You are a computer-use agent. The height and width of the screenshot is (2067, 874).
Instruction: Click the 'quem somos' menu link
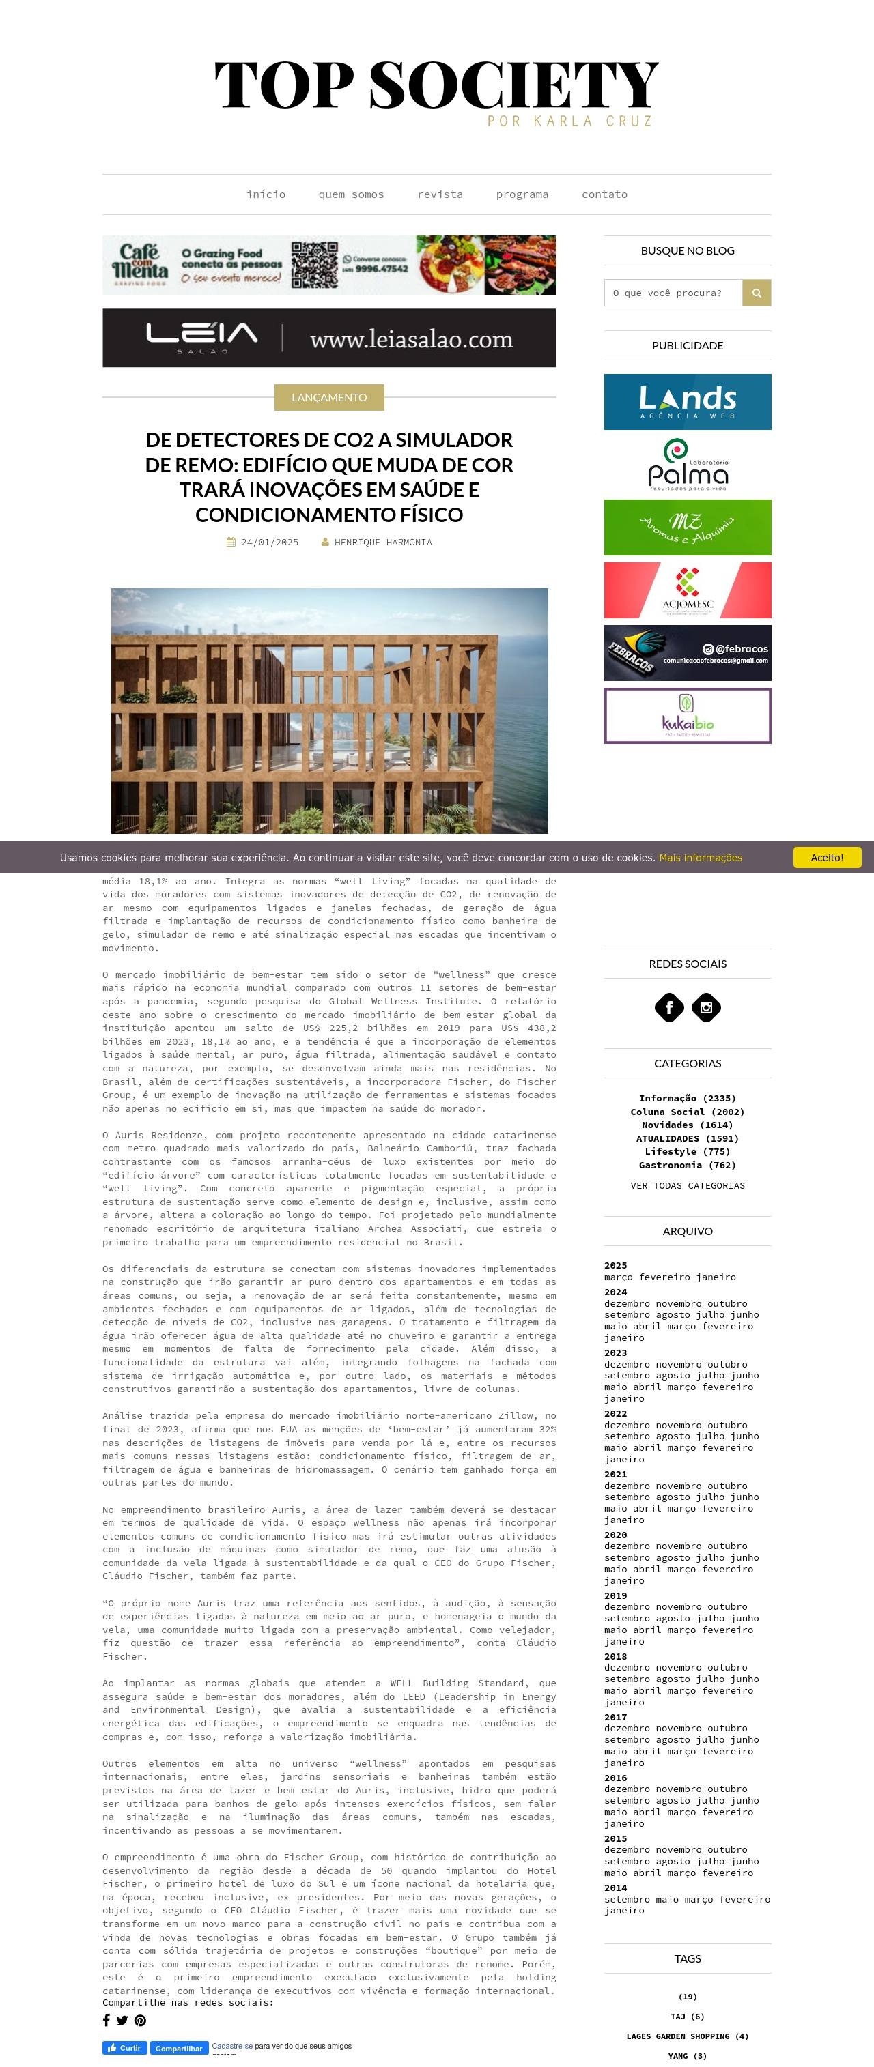[351, 194]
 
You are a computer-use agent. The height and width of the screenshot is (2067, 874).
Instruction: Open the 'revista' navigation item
[440, 194]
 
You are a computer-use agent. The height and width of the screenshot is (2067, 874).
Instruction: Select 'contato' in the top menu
[604, 194]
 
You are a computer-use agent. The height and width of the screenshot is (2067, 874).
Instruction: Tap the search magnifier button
[756, 293]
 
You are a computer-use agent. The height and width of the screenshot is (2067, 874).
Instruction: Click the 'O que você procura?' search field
[673, 293]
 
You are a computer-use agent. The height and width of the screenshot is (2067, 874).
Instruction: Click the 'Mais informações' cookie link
[700, 858]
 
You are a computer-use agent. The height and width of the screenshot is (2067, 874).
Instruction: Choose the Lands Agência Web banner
[687, 402]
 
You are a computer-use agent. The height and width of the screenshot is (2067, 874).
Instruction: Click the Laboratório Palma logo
[687, 465]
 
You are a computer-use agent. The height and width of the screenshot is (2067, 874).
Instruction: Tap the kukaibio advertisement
[687, 716]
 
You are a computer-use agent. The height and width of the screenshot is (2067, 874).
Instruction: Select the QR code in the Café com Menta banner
[314, 265]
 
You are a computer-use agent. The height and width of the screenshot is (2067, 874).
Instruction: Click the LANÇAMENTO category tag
[329, 397]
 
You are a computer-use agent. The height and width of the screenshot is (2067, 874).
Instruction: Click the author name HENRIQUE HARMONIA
[383, 543]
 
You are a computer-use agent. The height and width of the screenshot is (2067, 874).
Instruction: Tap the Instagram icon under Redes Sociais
[706, 1008]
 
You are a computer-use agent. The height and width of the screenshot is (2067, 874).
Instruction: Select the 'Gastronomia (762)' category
[687, 1165]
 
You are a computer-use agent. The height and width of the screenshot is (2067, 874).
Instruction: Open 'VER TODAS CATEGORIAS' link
[687, 1185]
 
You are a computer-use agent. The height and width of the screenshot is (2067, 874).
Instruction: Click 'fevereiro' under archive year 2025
[666, 1277]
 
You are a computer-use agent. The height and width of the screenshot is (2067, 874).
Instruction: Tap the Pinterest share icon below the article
[141, 2021]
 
